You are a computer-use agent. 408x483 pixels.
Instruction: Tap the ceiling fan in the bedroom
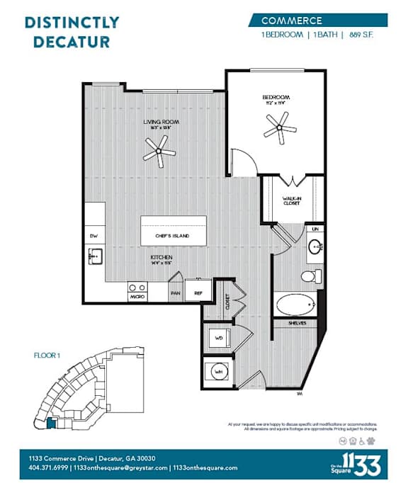pyautogui.click(x=278, y=129)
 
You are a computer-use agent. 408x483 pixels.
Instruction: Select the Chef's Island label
pyautogui.click(x=174, y=235)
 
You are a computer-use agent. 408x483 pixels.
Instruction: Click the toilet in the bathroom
pyautogui.click(x=310, y=275)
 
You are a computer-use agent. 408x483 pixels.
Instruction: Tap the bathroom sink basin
pyautogui.click(x=315, y=247)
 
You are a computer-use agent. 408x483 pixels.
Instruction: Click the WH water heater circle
pyautogui.click(x=218, y=370)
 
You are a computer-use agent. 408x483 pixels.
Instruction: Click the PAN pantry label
pyautogui.click(x=174, y=292)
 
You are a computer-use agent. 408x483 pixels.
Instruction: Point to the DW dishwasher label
pyautogui.click(x=93, y=235)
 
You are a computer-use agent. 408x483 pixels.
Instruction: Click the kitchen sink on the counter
pyautogui.click(x=95, y=255)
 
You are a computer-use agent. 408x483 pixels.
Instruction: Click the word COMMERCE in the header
pyautogui.click(x=292, y=21)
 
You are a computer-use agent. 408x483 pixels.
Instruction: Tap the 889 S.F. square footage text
pyautogui.click(x=363, y=35)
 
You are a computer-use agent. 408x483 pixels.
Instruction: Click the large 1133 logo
pyautogui.click(x=363, y=464)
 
